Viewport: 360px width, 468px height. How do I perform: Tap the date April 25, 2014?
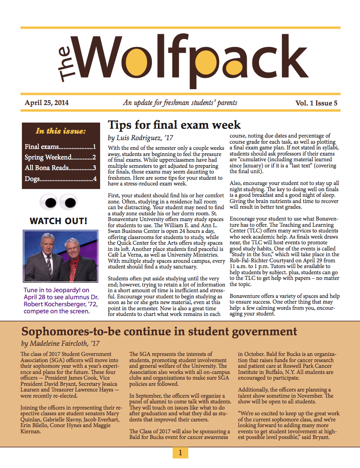(x=47, y=103)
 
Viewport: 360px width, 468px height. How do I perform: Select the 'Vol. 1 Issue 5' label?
(x=316, y=104)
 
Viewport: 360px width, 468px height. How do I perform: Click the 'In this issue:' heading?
(x=61, y=131)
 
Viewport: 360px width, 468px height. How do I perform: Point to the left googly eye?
(x=50, y=202)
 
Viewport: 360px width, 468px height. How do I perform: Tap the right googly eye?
(x=69, y=202)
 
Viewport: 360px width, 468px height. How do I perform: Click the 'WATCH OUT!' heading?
(x=58, y=221)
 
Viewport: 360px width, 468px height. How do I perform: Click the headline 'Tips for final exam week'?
(x=174, y=125)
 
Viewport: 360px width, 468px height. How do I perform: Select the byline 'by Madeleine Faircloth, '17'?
(x=60, y=343)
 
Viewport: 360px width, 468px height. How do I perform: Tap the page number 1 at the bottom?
(x=180, y=452)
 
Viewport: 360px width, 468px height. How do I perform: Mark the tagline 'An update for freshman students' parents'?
(x=180, y=103)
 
